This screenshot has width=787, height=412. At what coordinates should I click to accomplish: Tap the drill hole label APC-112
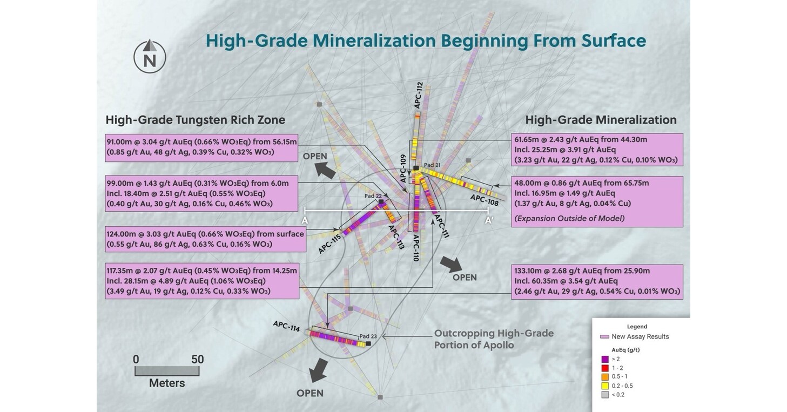[x=419, y=96]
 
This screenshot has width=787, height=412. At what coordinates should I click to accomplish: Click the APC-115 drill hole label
[x=330, y=245]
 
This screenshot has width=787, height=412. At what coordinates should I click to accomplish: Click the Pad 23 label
[x=368, y=335]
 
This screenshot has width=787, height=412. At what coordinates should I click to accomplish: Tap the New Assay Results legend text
[x=640, y=336]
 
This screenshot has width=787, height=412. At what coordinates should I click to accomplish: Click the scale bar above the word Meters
[x=167, y=371]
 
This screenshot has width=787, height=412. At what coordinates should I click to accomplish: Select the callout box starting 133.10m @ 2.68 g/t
[x=597, y=281]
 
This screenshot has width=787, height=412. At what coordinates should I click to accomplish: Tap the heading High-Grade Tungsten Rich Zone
[x=195, y=120]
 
